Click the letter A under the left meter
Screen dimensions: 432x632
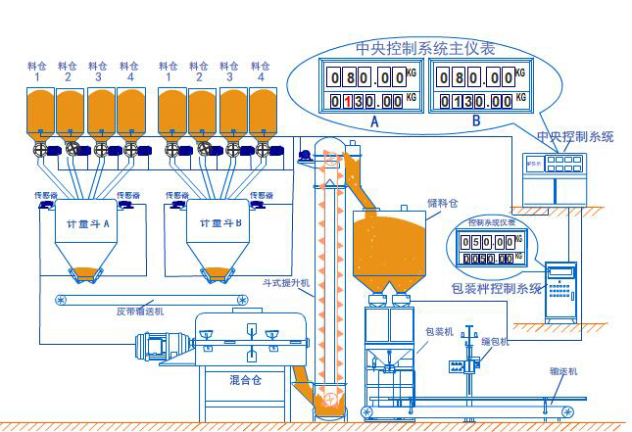pyautogui.click(x=373, y=121)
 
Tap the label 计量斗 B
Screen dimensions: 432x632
pyautogui.click(x=218, y=223)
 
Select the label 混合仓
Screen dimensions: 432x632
pyautogui.click(x=244, y=377)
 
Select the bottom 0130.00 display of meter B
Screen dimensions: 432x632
pyautogui.click(x=475, y=100)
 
